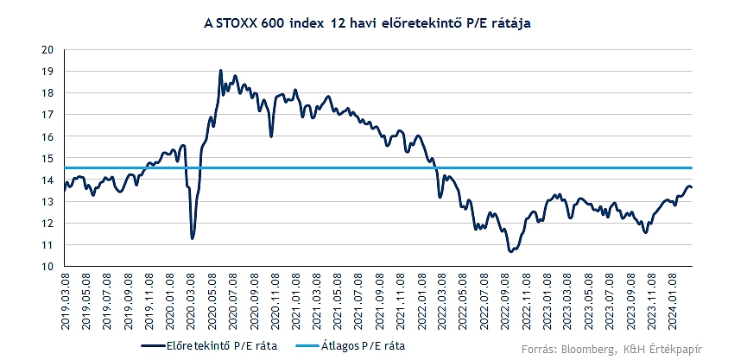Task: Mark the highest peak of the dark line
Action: (221, 71)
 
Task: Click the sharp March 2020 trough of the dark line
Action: (193, 237)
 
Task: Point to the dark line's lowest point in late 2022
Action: (510, 251)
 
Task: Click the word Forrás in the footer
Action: (541, 348)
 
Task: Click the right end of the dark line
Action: (691, 188)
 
